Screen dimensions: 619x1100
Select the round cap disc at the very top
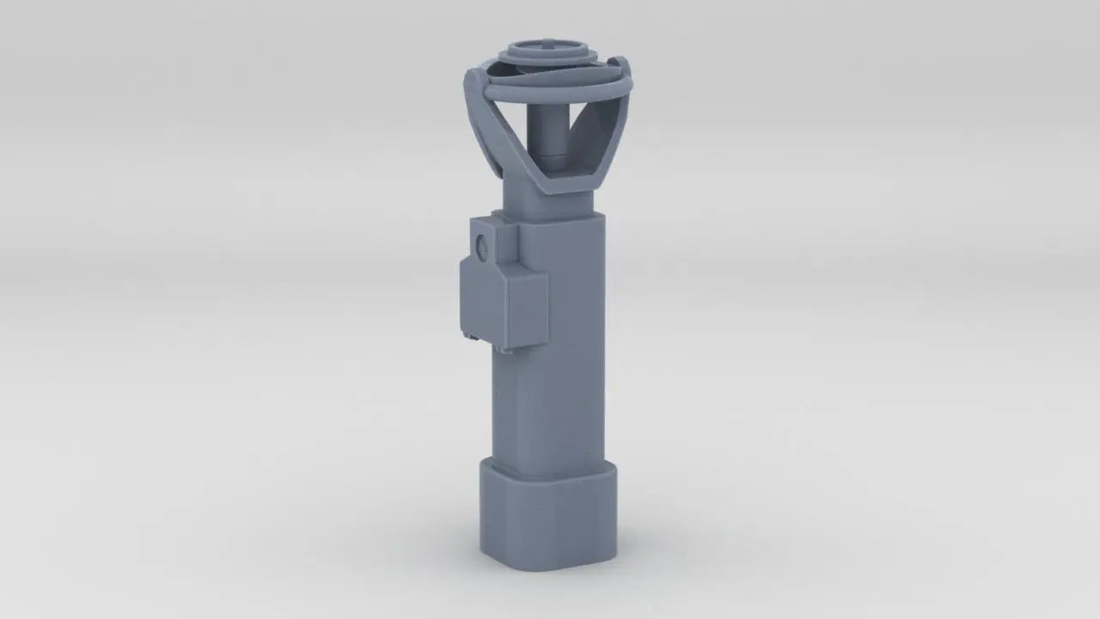550,52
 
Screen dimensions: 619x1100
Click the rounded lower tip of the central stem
550,160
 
